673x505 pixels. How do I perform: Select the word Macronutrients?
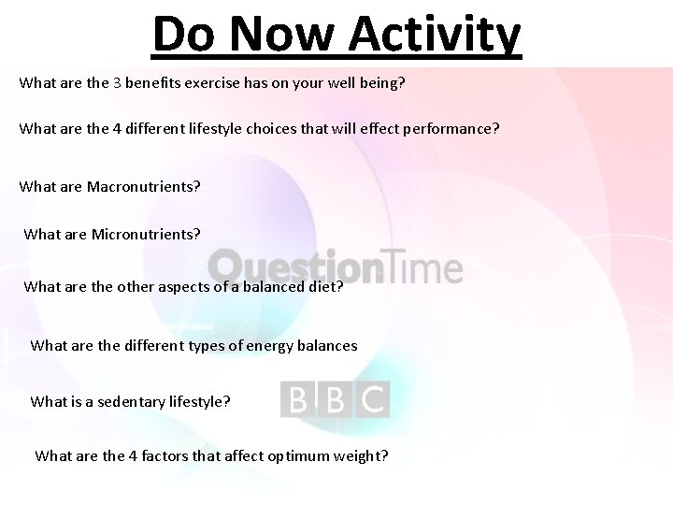(143, 186)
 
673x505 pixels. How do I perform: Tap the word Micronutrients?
(146, 233)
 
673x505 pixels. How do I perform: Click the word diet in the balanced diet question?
(326, 286)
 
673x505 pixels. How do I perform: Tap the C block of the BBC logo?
(372, 400)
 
